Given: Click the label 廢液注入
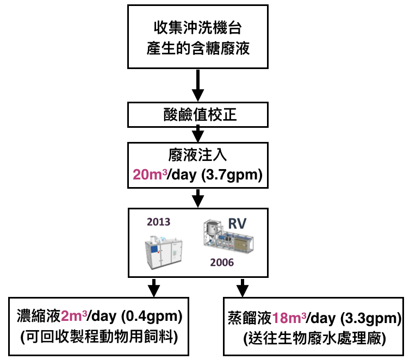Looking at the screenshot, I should click(x=198, y=156).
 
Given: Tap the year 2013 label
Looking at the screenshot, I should click(x=158, y=222).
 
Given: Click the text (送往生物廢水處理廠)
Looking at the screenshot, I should click(x=315, y=338).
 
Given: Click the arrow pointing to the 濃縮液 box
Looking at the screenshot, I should click(x=154, y=287).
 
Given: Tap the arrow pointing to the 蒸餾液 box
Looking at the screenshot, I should click(x=242, y=287).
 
